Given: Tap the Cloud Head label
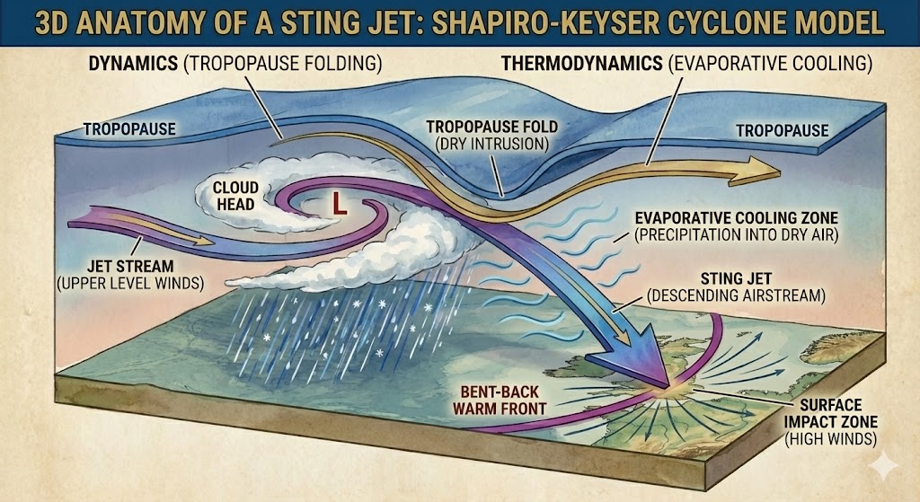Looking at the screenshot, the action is tap(234, 196).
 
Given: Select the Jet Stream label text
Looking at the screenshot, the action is tap(130, 275).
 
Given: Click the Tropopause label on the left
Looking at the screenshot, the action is tap(129, 129).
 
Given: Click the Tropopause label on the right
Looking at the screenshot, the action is tap(783, 130).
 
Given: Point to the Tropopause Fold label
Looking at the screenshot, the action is tap(491, 135).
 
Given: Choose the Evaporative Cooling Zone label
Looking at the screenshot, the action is tap(737, 226).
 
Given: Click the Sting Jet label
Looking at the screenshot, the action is tap(736, 286).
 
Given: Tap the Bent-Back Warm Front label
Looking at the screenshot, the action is tap(500, 400).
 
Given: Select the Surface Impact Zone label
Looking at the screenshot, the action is tap(831, 422).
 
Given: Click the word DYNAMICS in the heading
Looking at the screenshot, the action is tap(133, 64).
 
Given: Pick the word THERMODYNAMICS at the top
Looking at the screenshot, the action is tap(582, 64).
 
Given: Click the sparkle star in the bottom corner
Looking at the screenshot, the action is tap(883, 465).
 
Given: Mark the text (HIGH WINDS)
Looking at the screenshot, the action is tap(831, 438).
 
